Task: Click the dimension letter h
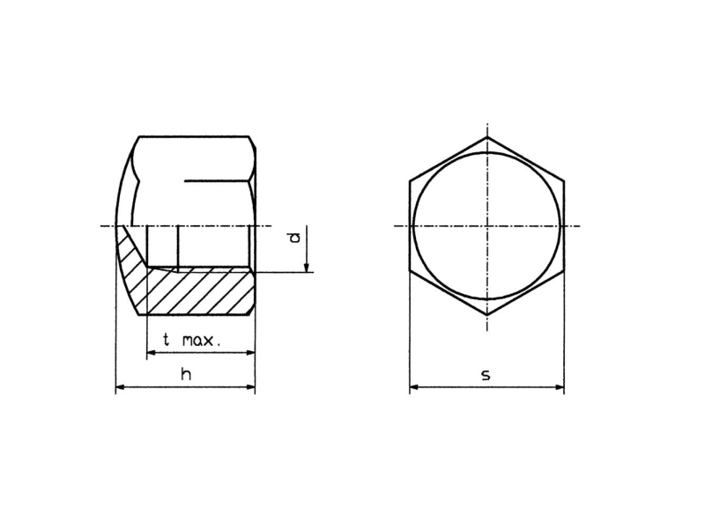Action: pyautogui.click(x=186, y=374)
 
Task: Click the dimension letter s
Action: pyautogui.click(x=486, y=375)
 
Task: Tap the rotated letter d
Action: pyautogui.click(x=294, y=238)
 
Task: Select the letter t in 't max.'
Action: pyautogui.click(x=167, y=340)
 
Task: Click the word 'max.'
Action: pyautogui.click(x=202, y=341)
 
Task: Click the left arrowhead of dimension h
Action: pyautogui.click(x=121, y=386)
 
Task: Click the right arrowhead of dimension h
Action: pyautogui.click(x=250, y=386)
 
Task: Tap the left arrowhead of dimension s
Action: pyautogui.click(x=415, y=387)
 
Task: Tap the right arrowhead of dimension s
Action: pyautogui.click(x=559, y=387)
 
